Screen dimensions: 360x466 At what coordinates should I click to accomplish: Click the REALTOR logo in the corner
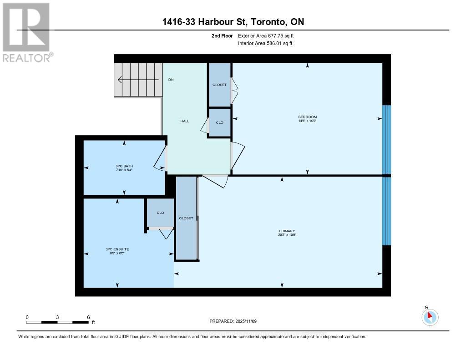point(26,32)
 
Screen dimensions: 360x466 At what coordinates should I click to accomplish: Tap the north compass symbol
point(430,317)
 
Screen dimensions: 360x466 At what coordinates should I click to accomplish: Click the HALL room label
point(185,121)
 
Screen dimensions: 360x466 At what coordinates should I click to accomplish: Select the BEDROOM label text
point(308,117)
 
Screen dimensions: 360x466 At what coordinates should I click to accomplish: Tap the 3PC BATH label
point(124,166)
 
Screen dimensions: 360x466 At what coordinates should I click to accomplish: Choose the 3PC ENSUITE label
point(117,249)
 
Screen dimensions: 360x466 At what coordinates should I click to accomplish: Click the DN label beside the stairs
point(171,80)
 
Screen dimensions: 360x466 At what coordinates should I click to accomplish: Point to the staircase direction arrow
point(137,80)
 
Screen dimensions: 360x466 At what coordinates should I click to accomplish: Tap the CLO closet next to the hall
point(219,122)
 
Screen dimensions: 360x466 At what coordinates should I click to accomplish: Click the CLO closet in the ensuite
point(160,213)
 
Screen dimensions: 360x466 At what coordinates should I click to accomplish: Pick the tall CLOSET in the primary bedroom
point(186,218)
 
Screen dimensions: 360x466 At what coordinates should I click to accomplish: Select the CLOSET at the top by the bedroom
point(219,85)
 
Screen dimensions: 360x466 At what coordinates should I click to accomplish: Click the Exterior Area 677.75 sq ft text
point(269,35)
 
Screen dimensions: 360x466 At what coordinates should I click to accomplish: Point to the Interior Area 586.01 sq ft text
point(265,44)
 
